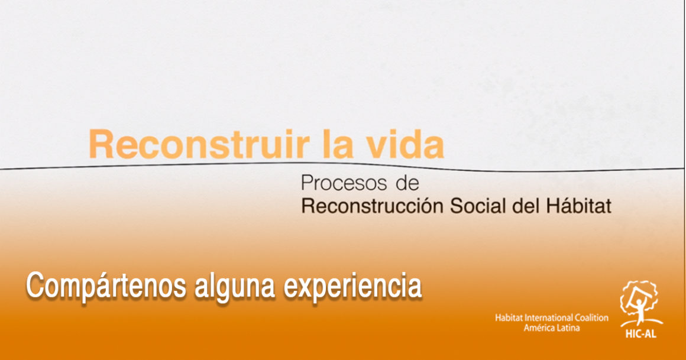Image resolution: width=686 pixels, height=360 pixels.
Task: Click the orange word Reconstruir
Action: (x=199, y=144)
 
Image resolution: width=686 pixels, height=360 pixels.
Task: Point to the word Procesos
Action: (x=344, y=183)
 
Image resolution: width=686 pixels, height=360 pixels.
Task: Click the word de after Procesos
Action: (x=407, y=183)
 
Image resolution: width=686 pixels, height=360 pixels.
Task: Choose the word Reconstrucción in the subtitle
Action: (x=373, y=206)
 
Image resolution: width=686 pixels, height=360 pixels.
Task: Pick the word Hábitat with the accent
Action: (x=578, y=205)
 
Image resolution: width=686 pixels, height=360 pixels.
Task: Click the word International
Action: (x=549, y=318)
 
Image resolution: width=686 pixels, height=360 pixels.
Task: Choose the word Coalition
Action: (x=591, y=318)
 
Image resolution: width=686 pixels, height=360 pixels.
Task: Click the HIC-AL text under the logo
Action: (x=640, y=334)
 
